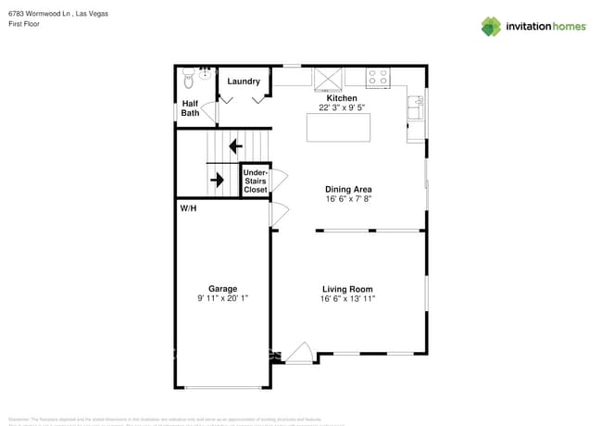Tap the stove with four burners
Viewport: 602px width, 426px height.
(x=378, y=78)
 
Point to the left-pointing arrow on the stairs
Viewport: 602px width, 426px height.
(x=235, y=145)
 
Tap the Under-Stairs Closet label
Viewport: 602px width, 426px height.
(x=255, y=181)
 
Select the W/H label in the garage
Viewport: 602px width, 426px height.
(x=189, y=208)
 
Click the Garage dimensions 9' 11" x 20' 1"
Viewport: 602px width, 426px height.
(x=222, y=298)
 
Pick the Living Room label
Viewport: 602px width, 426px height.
(x=347, y=289)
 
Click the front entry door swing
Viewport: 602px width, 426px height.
(x=299, y=353)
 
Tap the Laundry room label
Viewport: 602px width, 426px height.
(x=244, y=81)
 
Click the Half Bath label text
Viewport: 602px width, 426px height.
(x=190, y=108)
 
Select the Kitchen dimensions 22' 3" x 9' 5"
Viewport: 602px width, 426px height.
(x=342, y=107)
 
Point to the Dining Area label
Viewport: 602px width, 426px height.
(x=347, y=189)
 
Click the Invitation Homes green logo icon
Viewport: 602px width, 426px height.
(x=491, y=26)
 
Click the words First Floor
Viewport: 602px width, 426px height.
(x=25, y=25)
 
